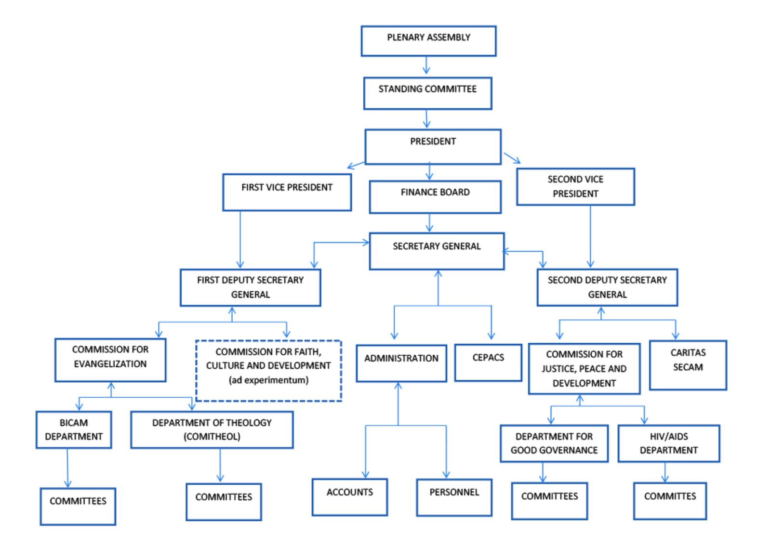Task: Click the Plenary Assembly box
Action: [428, 41]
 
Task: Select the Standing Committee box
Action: [428, 93]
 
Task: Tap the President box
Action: [433, 147]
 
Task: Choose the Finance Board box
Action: [436, 197]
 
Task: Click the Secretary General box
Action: [437, 251]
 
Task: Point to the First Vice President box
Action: [287, 192]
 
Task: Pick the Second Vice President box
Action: [575, 187]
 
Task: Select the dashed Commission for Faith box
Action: [268, 371]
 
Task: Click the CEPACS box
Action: [488, 363]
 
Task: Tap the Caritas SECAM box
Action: [688, 365]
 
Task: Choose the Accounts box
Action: [350, 497]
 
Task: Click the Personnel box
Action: [454, 497]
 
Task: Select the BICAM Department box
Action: [74, 430]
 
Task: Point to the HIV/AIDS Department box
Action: [669, 443]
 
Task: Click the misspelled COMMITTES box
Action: [670, 501]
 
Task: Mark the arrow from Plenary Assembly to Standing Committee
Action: [426, 65]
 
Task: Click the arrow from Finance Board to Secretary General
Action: [429, 223]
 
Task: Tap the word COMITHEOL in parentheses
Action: [212, 437]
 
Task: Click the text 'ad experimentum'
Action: [268, 380]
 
